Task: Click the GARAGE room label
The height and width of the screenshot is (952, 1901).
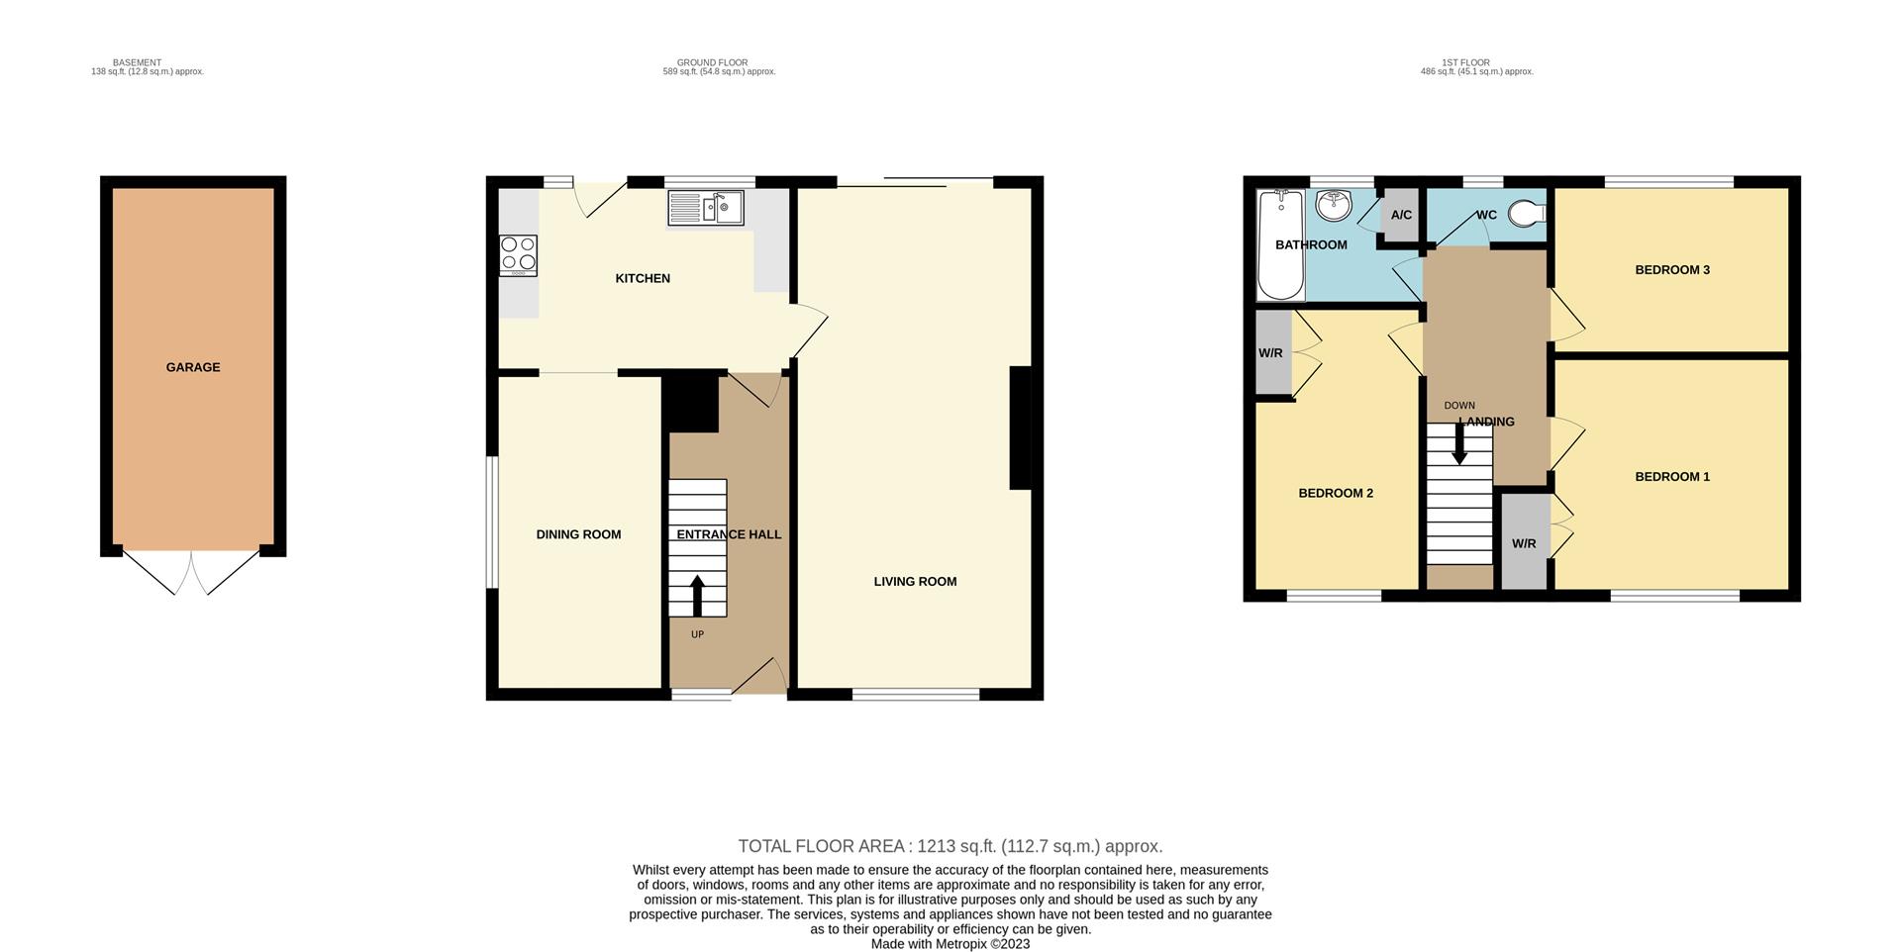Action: (x=193, y=367)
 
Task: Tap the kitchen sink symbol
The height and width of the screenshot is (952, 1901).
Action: (x=705, y=208)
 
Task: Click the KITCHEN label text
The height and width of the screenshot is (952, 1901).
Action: (x=643, y=279)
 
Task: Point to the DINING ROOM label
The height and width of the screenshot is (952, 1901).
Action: (x=578, y=534)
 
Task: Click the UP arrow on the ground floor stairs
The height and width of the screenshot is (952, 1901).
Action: (x=697, y=596)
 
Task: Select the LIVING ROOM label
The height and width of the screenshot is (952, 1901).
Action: (x=915, y=582)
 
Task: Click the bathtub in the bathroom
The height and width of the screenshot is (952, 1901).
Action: (x=1279, y=244)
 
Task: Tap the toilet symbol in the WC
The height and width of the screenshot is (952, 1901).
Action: (x=1528, y=214)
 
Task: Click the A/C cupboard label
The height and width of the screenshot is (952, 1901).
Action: (x=1401, y=215)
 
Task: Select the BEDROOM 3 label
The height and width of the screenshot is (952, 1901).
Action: (x=1671, y=270)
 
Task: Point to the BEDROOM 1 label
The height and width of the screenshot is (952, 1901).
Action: (x=1671, y=477)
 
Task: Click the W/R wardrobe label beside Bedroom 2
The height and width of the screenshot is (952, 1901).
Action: (x=1270, y=353)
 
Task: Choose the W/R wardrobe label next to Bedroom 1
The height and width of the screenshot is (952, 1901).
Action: (x=1524, y=544)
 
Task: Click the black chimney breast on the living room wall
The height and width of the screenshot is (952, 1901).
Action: (x=1020, y=428)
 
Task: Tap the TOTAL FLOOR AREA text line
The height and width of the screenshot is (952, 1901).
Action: (x=950, y=846)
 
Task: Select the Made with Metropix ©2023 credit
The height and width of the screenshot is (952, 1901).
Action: (x=950, y=944)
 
